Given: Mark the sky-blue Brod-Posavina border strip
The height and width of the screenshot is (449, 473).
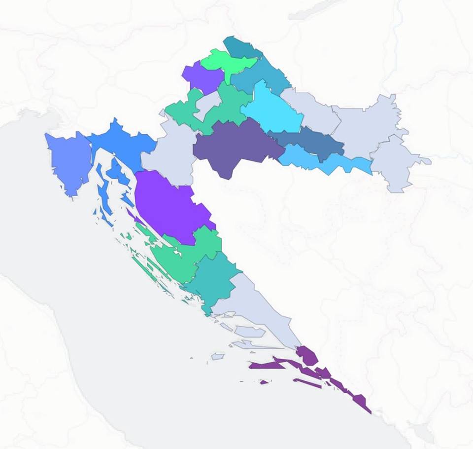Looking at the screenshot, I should pyautogui.click(x=325, y=160).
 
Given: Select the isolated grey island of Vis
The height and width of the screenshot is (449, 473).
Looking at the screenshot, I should pyautogui.click(x=218, y=356).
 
